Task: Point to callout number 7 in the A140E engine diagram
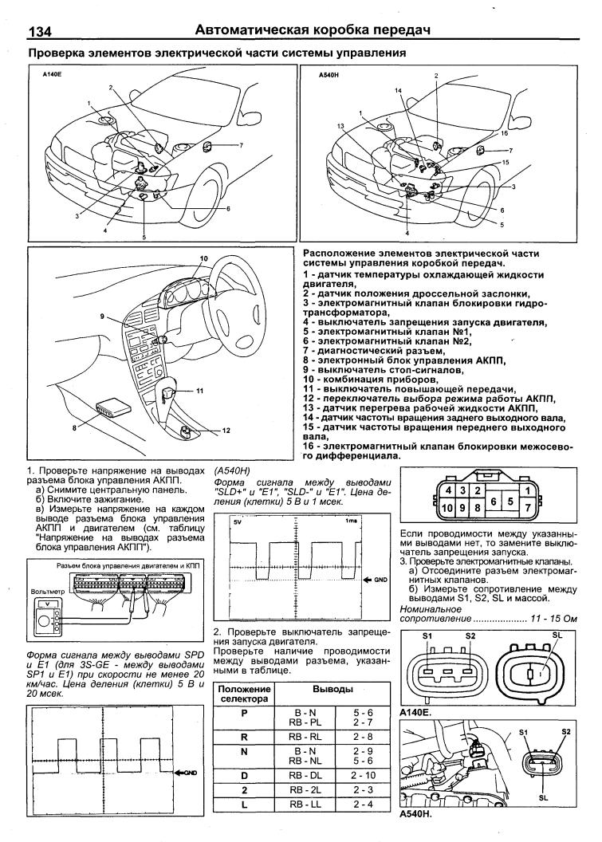click(239, 145)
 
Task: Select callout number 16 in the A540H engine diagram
click(503, 134)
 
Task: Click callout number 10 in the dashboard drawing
click(203, 258)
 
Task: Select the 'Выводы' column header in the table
click(332, 687)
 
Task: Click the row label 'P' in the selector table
click(244, 714)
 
